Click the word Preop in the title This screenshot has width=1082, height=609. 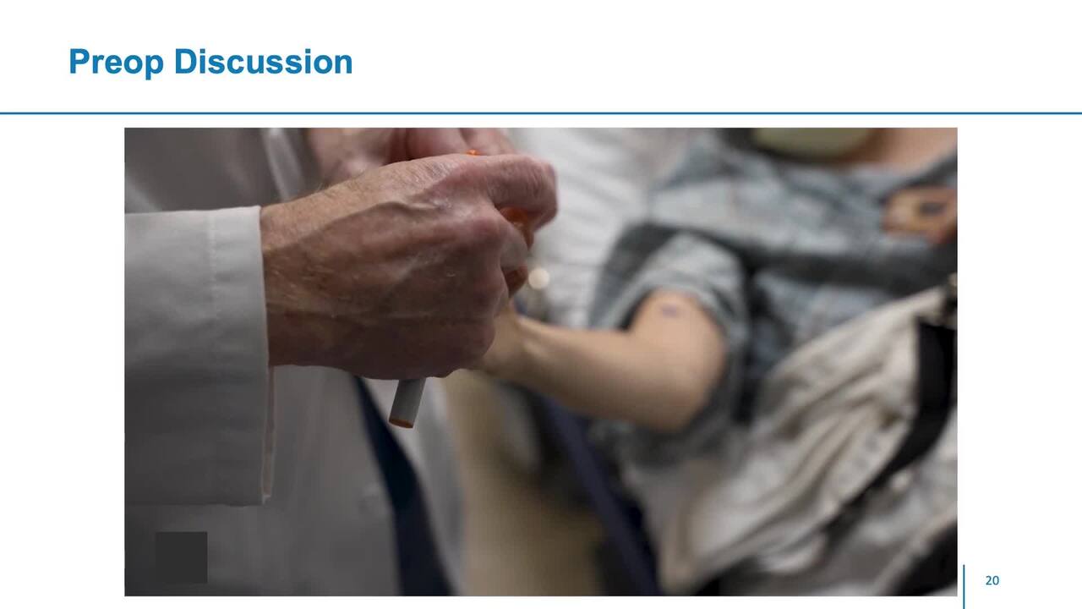(x=117, y=63)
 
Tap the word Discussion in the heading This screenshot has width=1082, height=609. (x=263, y=62)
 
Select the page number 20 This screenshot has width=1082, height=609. (x=992, y=580)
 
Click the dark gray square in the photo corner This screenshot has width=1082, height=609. (x=181, y=557)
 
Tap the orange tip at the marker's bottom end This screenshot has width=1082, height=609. (x=402, y=424)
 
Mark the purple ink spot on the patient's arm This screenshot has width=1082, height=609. (x=669, y=310)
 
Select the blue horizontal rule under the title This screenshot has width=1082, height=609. (x=541, y=113)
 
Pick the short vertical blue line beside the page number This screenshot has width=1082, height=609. (x=965, y=587)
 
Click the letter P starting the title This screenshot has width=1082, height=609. (x=80, y=62)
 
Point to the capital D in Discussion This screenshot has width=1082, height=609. (x=186, y=62)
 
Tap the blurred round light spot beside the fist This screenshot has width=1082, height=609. (x=538, y=279)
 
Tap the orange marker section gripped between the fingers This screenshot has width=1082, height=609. (x=516, y=217)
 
